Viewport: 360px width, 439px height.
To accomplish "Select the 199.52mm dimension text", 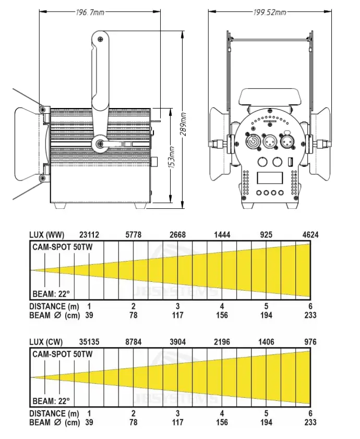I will click(269, 11).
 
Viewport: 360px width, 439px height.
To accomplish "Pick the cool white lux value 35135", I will click(89, 342).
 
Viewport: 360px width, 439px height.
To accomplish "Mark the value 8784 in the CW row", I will click(134, 342).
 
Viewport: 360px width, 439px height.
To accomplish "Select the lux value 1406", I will click(266, 342).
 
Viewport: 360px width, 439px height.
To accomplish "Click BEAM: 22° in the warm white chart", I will click(51, 293).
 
